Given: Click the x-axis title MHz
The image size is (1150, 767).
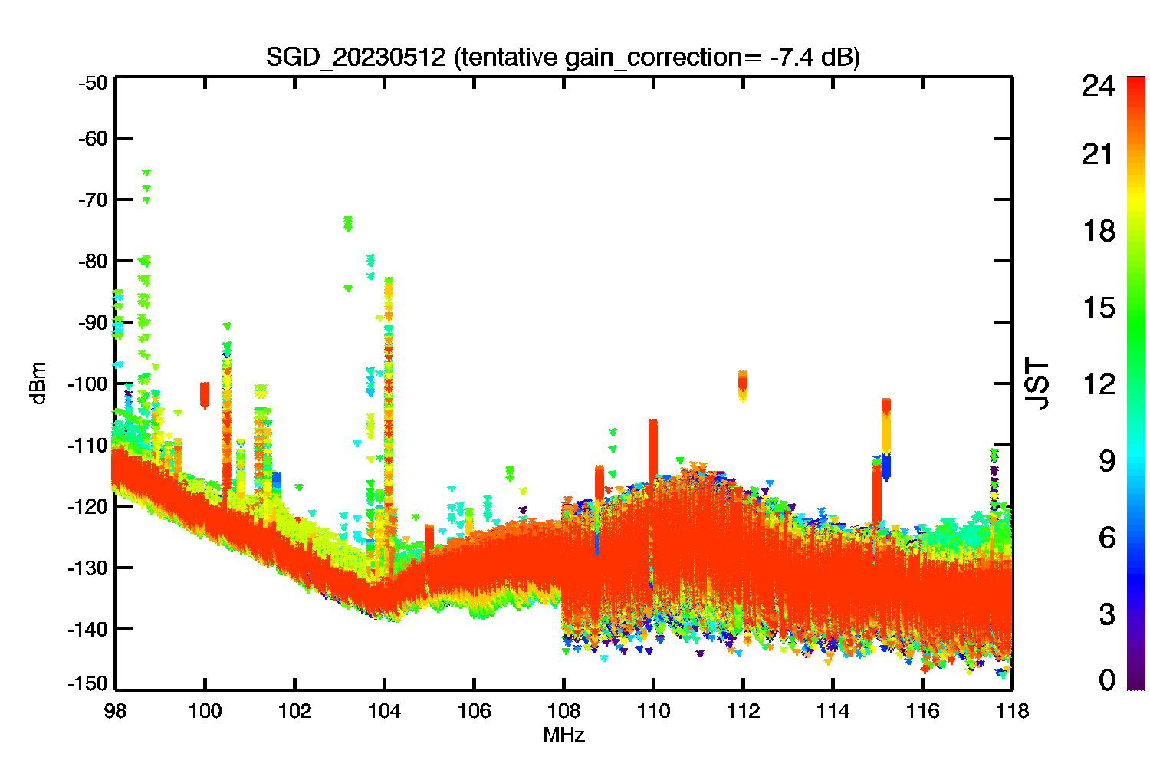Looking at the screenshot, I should point(563,736).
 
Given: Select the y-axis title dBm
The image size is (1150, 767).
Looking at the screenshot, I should point(38,383).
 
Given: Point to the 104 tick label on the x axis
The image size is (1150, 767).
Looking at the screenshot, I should point(384,711).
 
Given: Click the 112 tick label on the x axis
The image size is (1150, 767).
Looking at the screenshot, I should point(743,711).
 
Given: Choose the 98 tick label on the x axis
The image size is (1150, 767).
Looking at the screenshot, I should point(116,711).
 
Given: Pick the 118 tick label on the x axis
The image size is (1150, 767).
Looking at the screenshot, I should point(1012,711).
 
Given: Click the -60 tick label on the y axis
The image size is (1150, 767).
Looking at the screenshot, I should point(93,138).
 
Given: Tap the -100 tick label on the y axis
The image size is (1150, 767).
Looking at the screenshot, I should point(90,383).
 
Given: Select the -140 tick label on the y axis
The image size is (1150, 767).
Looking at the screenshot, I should point(90,629).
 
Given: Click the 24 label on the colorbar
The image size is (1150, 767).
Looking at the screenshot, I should point(1098,86).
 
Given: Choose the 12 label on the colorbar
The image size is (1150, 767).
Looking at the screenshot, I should point(1098,383).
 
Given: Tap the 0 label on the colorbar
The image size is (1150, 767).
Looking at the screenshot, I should point(1106,680).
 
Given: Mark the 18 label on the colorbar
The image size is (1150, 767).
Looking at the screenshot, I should point(1098,231).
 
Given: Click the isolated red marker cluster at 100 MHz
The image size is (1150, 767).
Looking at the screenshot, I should point(205,394).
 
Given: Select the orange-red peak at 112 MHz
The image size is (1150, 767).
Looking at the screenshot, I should point(742,382).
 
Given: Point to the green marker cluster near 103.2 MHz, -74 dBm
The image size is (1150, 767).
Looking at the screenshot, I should point(348,223).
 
